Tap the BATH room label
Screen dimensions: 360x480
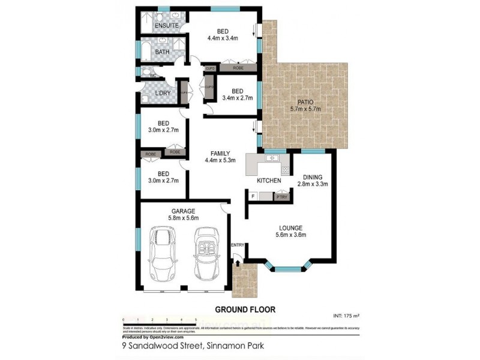tap(162, 52)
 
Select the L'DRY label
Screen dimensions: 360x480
tap(162, 94)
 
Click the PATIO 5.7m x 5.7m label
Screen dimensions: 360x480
tap(305, 105)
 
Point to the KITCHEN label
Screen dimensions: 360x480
tap(269, 180)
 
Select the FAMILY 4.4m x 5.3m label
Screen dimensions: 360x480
tap(220, 157)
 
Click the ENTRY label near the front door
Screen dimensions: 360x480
tap(238, 245)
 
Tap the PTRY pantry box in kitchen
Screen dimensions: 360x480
tap(281, 196)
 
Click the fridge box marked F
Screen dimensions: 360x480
tap(253, 196)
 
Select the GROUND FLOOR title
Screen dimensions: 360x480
tap(245, 310)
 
